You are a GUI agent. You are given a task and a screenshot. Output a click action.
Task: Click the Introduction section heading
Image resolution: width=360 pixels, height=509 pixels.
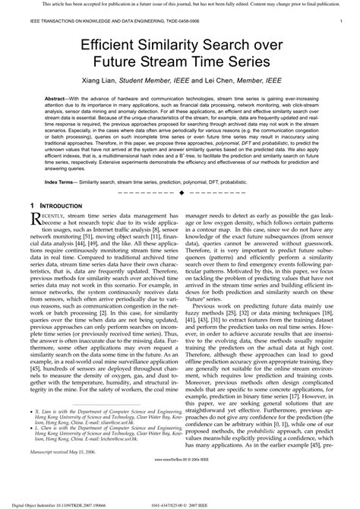coord(63,207)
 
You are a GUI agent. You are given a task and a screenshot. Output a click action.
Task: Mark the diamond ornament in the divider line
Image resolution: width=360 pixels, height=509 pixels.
coord(180,194)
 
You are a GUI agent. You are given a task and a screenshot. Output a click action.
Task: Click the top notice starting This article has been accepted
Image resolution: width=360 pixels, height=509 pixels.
coord(180,4)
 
